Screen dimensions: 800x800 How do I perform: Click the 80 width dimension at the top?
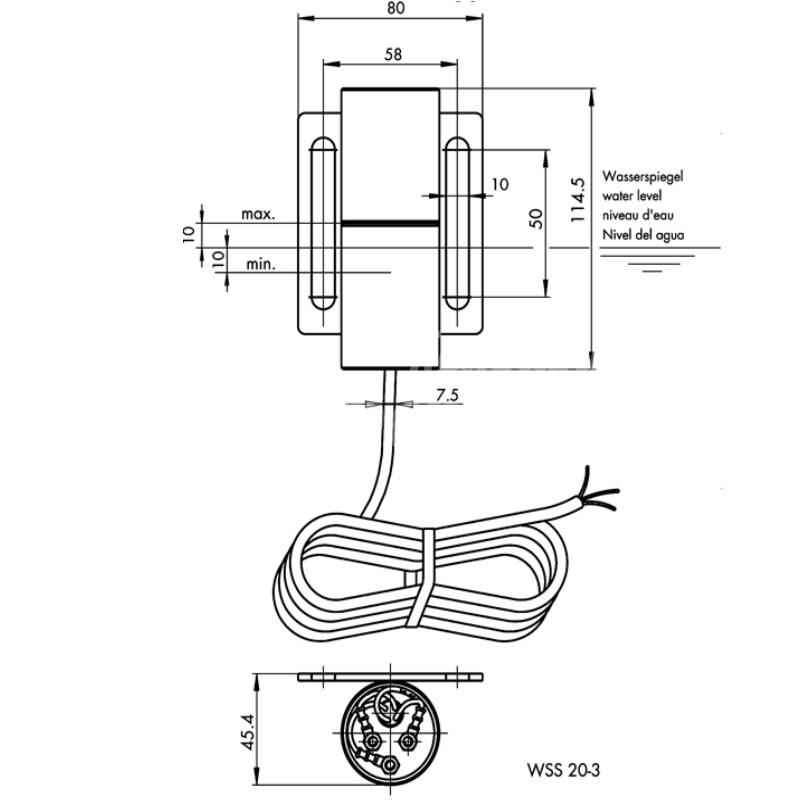(x=394, y=9)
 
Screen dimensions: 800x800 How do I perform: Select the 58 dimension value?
(x=393, y=54)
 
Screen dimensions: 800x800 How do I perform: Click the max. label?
(x=257, y=214)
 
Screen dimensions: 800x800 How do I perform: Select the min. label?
(x=260, y=265)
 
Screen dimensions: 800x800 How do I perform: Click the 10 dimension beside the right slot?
(x=499, y=184)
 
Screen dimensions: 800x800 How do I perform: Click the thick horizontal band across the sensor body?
(x=389, y=221)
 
